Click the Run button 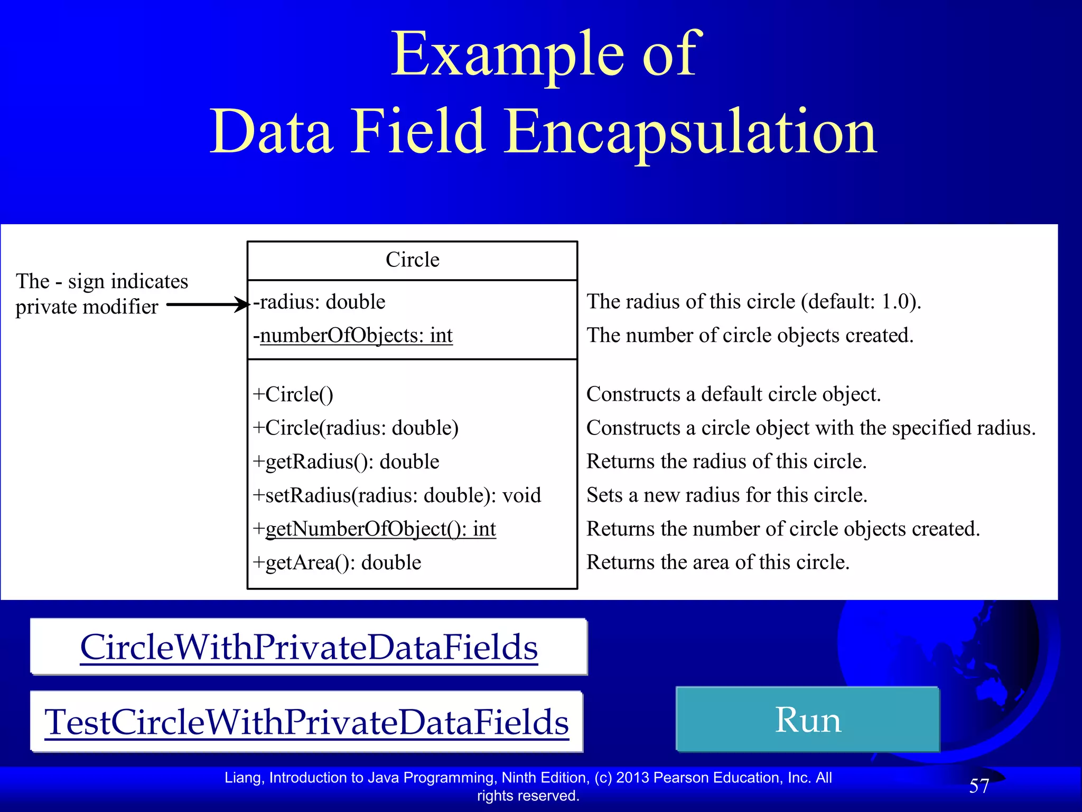[807, 719]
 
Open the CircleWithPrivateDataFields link [309, 647]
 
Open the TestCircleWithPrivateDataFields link [306, 722]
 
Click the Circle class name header [412, 260]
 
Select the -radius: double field [319, 302]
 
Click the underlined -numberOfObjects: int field [353, 336]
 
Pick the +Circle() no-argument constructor [293, 394]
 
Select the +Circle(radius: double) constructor [356, 428]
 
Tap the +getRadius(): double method [346, 462]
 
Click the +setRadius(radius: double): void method [397, 495]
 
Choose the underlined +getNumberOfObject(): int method [375, 529]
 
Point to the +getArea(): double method [337, 562]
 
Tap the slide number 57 [978, 786]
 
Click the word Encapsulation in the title [689, 132]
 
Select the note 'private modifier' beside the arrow [87, 307]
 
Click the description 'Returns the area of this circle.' [718, 562]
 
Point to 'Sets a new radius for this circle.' [727, 495]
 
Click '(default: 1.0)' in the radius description [860, 302]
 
